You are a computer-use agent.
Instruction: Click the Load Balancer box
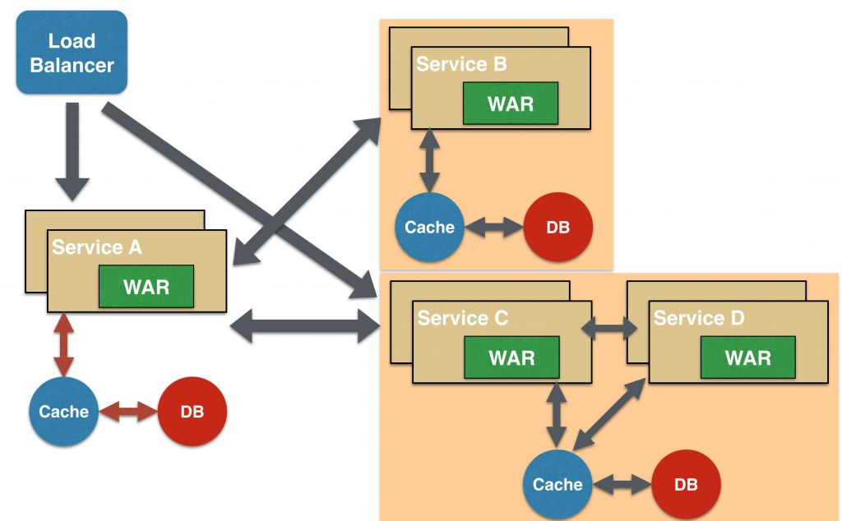[x=72, y=53]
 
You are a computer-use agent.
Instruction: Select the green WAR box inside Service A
[x=146, y=287]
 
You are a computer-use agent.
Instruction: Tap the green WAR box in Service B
[x=510, y=104]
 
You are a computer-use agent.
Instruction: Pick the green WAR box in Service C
[x=511, y=357]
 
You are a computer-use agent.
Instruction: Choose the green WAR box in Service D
[x=747, y=357]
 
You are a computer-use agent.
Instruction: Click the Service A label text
[x=97, y=247]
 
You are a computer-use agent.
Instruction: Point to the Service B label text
[x=461, y=64]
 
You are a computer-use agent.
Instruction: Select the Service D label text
[x=699, y=318]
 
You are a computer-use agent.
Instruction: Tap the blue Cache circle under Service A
[x=63, y=412]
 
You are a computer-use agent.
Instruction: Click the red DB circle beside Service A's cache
[x=192, y=412]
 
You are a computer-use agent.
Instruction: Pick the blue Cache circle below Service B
[x=429, y=228]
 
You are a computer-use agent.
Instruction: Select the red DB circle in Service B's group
[x=557, y=228]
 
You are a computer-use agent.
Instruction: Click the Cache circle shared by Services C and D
[x=557, y=485]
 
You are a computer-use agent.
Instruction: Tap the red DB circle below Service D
[x=686, y=485]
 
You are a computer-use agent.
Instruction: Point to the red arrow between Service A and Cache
[x=63, y=345]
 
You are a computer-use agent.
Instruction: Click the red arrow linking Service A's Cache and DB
[x=127, y=412]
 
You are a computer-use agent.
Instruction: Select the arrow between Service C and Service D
[x=609, y=330]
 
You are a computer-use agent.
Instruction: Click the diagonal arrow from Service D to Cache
[x=609, y=416]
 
